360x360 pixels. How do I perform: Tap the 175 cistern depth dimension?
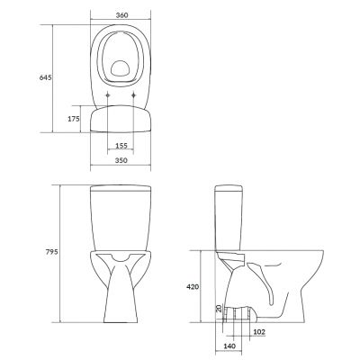(x=74, y=118)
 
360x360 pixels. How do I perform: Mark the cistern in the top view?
(x=121, y=119)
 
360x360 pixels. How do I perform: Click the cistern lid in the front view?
(x=120, y=189)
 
